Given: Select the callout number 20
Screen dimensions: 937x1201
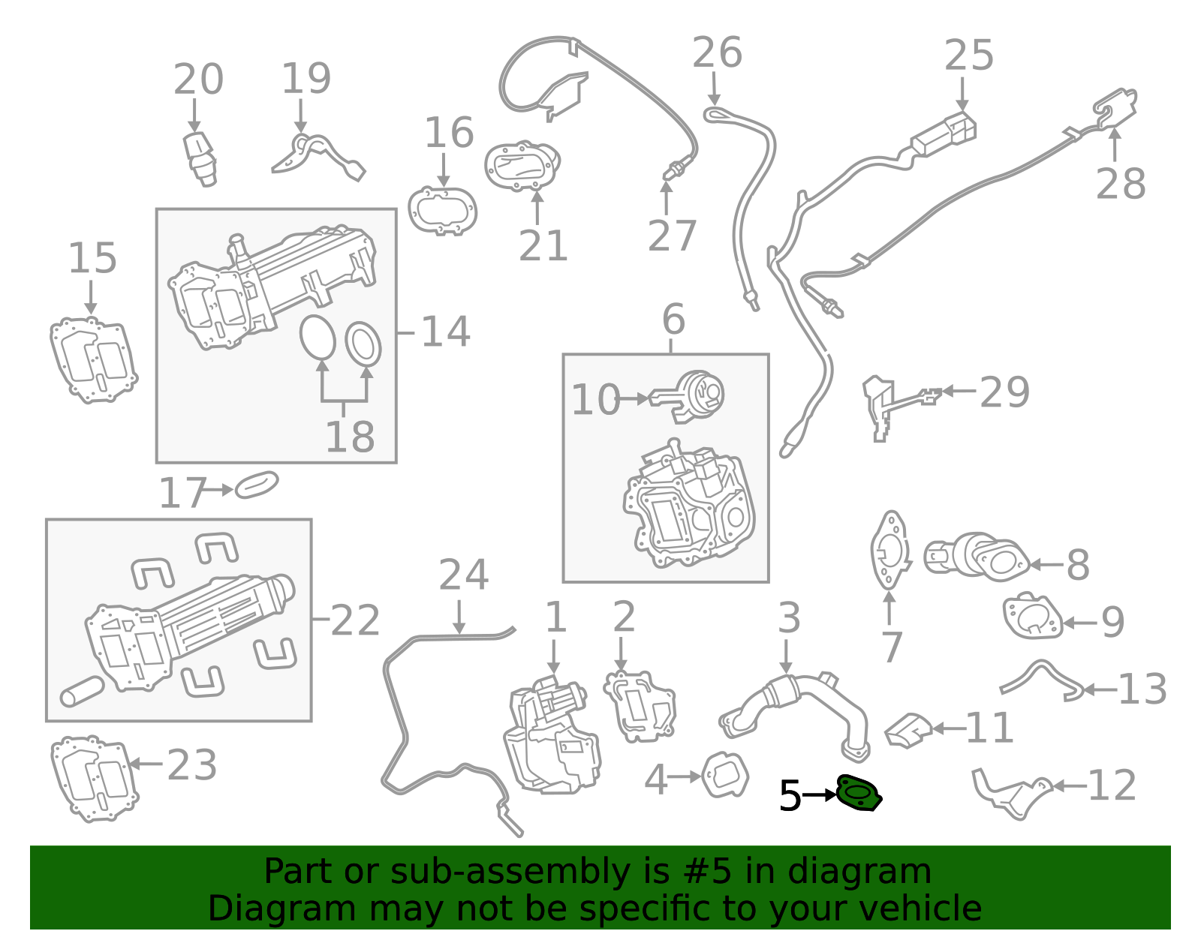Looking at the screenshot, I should (198, 80).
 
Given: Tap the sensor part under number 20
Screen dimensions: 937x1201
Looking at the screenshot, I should (200, 158).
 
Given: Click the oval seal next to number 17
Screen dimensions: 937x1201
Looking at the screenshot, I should (257, 485).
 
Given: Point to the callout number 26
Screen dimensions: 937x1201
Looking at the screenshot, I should (717, 53).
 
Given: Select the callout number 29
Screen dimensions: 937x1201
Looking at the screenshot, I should (1004, 392).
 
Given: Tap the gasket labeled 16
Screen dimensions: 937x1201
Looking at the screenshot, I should (443, 211).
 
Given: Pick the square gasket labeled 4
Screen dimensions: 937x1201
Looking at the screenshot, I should (725, 774).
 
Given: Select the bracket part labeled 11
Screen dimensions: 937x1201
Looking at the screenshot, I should (909, 731).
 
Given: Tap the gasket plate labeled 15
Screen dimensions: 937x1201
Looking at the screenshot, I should (93, 359).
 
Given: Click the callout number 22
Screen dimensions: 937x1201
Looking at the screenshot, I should (355, 621).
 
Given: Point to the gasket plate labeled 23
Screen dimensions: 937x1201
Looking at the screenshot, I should (94, 778).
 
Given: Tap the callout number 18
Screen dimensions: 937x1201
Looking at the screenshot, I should (350, 437).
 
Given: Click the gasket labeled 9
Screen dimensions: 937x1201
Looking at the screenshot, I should (1032, 617).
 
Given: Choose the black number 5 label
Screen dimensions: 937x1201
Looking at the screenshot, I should (790, 796).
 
